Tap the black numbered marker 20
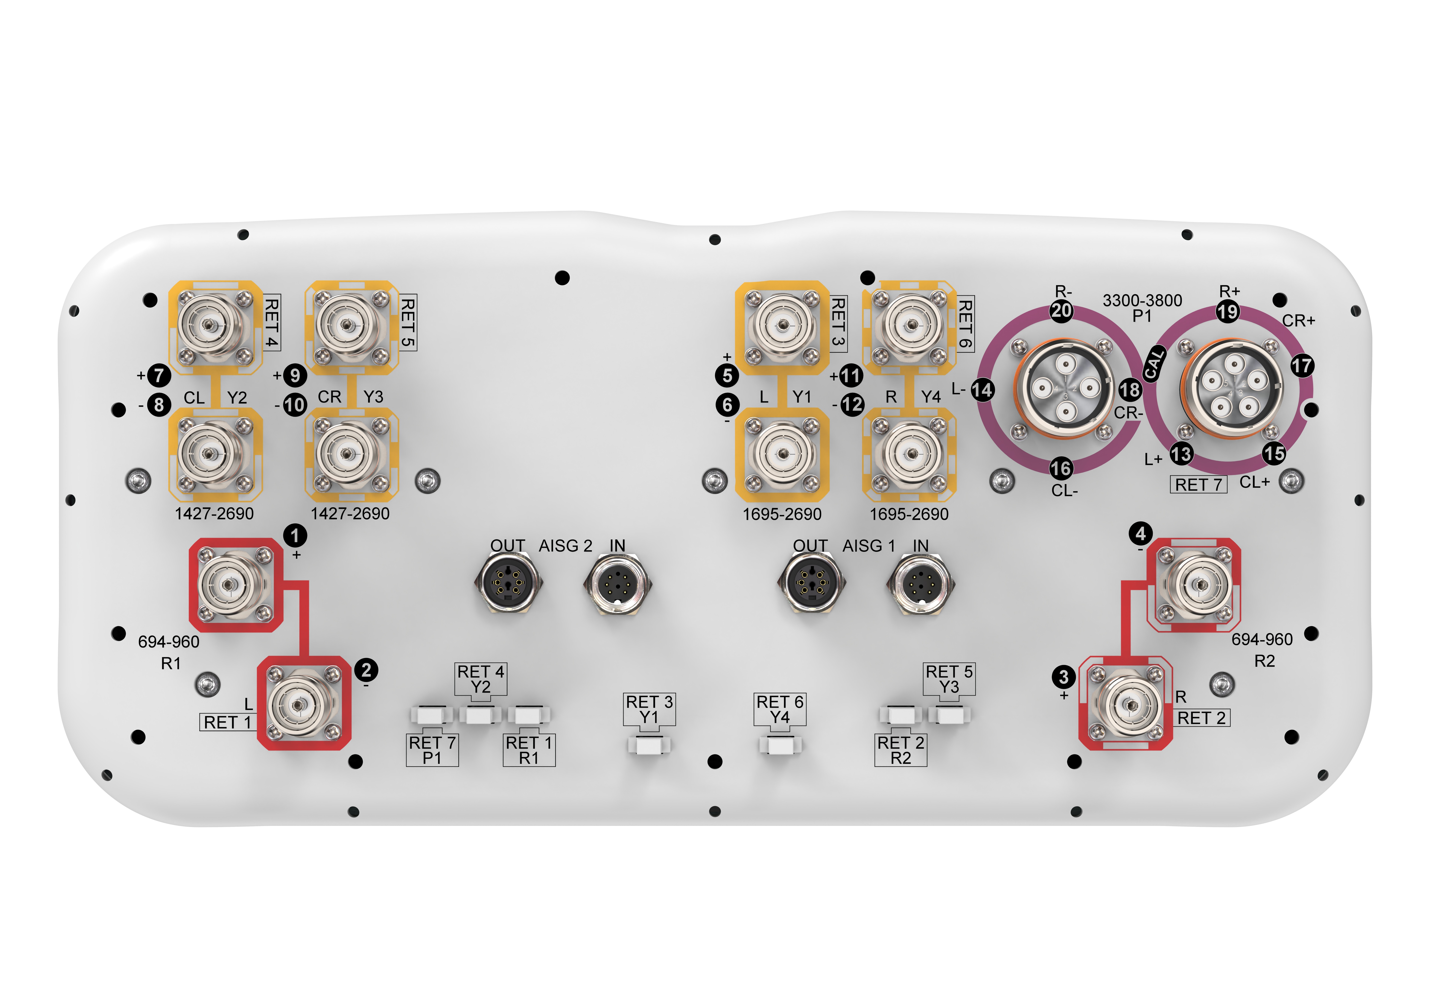click(1062, 310)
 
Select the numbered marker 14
click(982, 390)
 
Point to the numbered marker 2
click(367, 670)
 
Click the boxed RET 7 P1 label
click(432, 750)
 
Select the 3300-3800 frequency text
click(1142, 300)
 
